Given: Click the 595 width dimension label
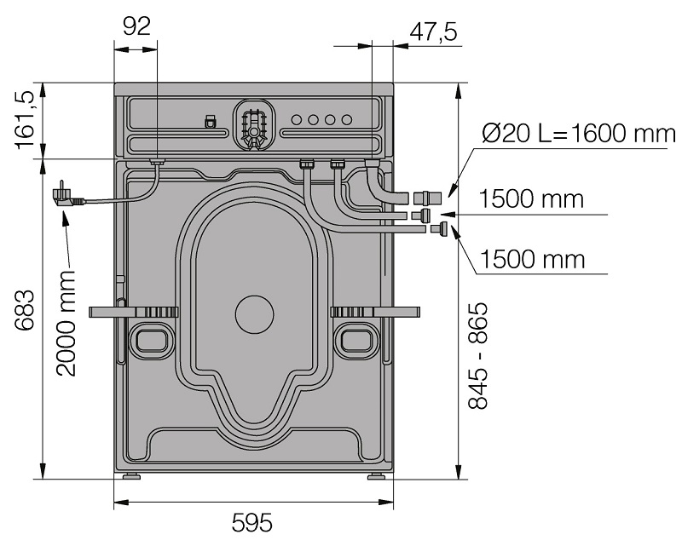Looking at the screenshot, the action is click(251, 523).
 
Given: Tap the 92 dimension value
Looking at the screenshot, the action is click(137, 26).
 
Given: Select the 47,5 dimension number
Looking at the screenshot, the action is click(433, 32).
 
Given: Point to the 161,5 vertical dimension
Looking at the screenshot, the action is click(25, 120).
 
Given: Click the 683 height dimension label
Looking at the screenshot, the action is click(25, 310).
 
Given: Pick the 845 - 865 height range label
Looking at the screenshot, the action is click(478, 355).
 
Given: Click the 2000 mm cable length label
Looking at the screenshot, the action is click(66, 323).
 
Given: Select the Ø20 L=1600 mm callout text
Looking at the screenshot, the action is click(579, 133).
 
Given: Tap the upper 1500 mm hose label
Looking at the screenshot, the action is click(531, 199).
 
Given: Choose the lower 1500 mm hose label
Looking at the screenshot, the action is click(532, 260).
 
